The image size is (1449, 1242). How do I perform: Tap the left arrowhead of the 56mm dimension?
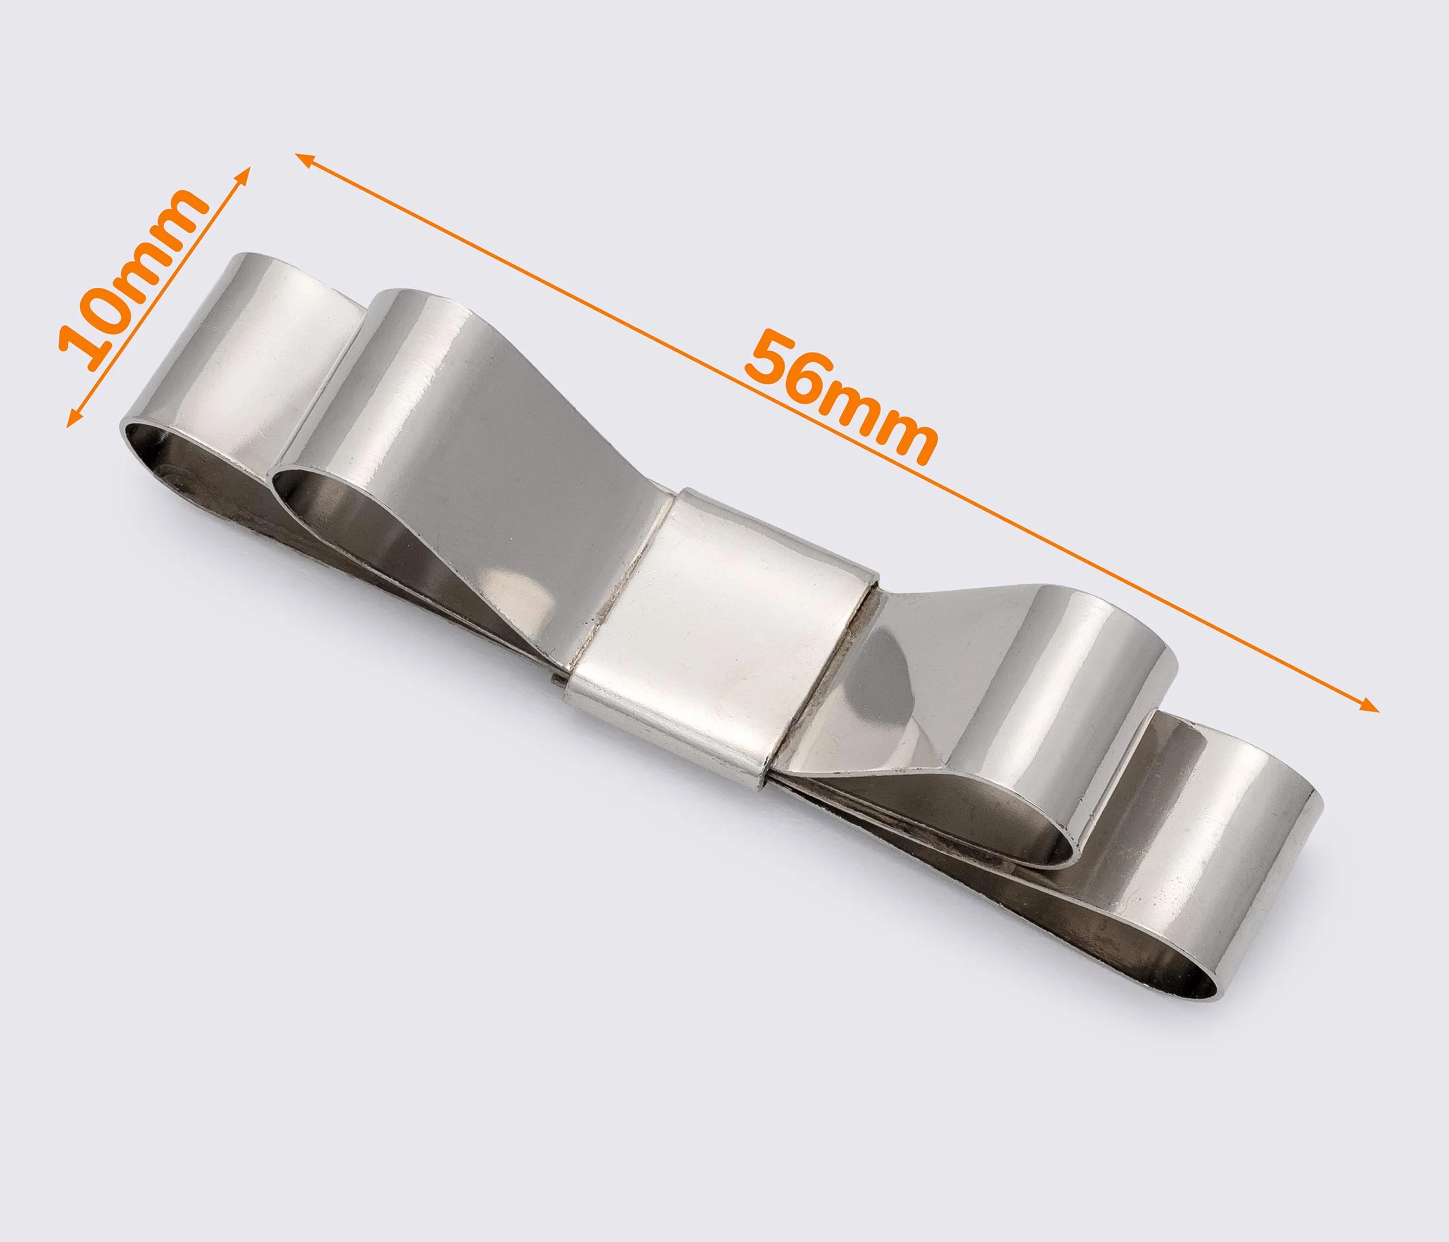[305, 159]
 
